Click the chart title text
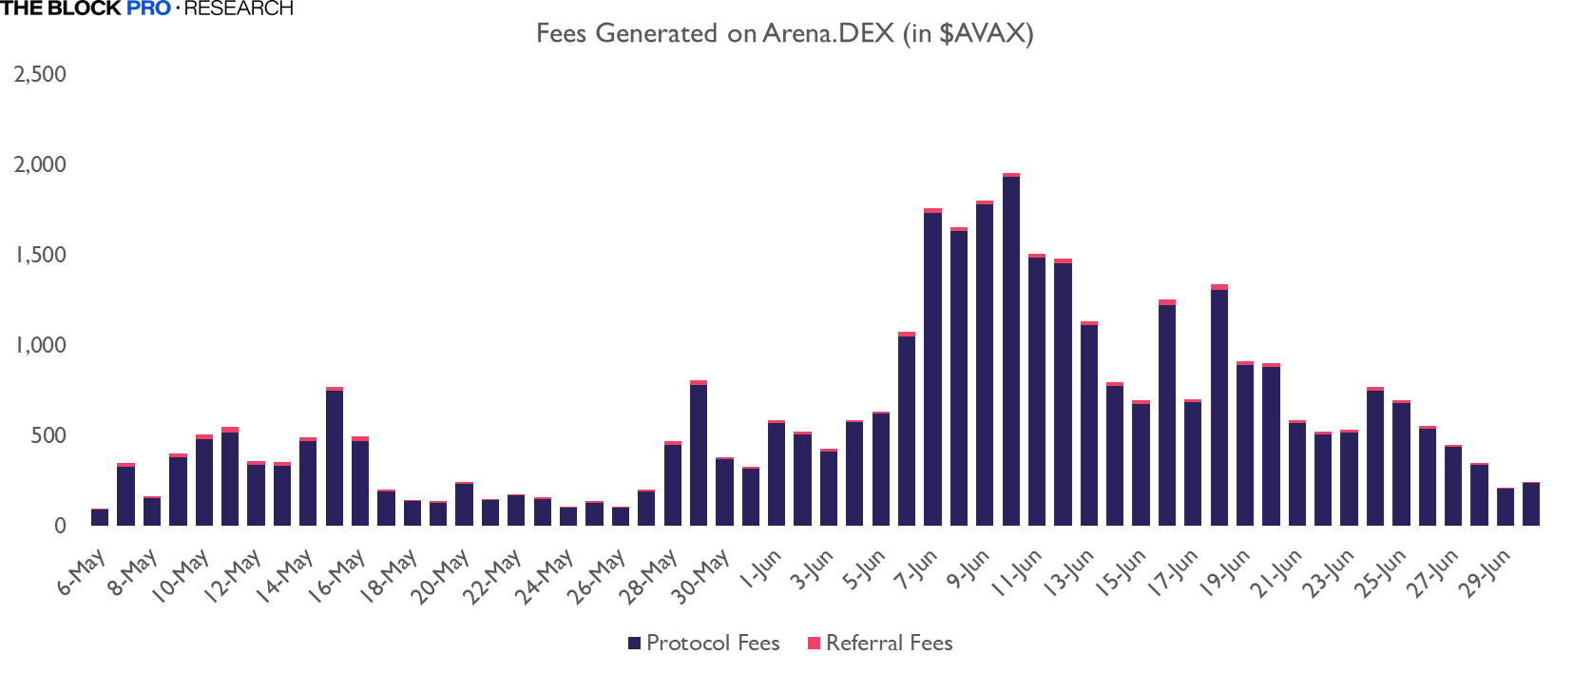784,33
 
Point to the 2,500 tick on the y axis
40,74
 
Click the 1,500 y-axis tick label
40,255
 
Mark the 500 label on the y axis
48,435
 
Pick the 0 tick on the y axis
60,526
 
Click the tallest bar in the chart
1010,352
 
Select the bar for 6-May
100,517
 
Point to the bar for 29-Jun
1505,507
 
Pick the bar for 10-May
204,481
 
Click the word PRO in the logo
148,9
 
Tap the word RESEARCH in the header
239,9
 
